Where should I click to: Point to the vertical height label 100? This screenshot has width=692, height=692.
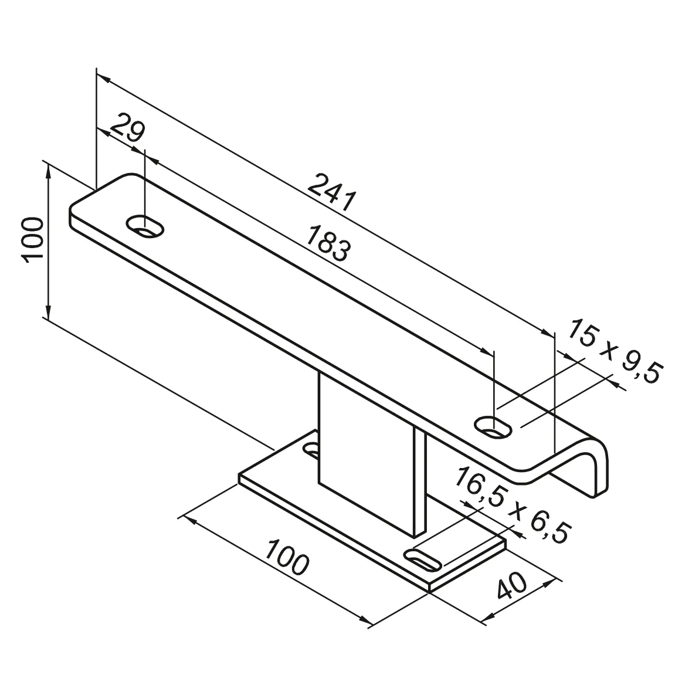click(x=32, y=240)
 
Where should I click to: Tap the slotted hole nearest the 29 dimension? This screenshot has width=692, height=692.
click(x=145, y=226)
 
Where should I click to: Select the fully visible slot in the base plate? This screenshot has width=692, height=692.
click(x=422, y=560)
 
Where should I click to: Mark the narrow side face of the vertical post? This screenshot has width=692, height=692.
click(x=419, y=481)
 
